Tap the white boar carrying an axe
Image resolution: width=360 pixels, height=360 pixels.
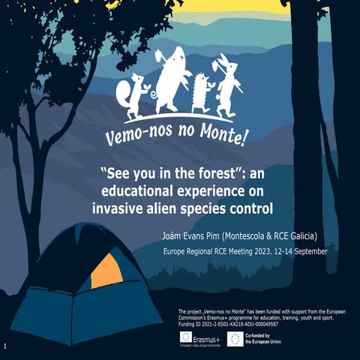(171, 79)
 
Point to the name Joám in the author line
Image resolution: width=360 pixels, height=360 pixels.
(173, 235)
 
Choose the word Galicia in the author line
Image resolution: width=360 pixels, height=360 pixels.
(305, 235)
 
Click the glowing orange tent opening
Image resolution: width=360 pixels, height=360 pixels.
(105, 271)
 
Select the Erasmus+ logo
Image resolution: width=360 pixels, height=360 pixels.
(199, 339)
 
